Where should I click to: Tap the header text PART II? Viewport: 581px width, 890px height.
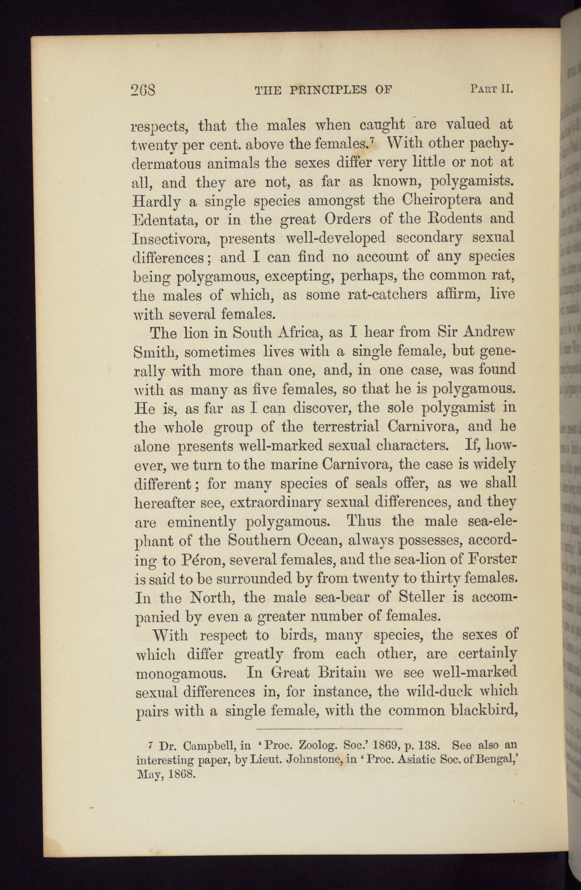click(x=492, y=89)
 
